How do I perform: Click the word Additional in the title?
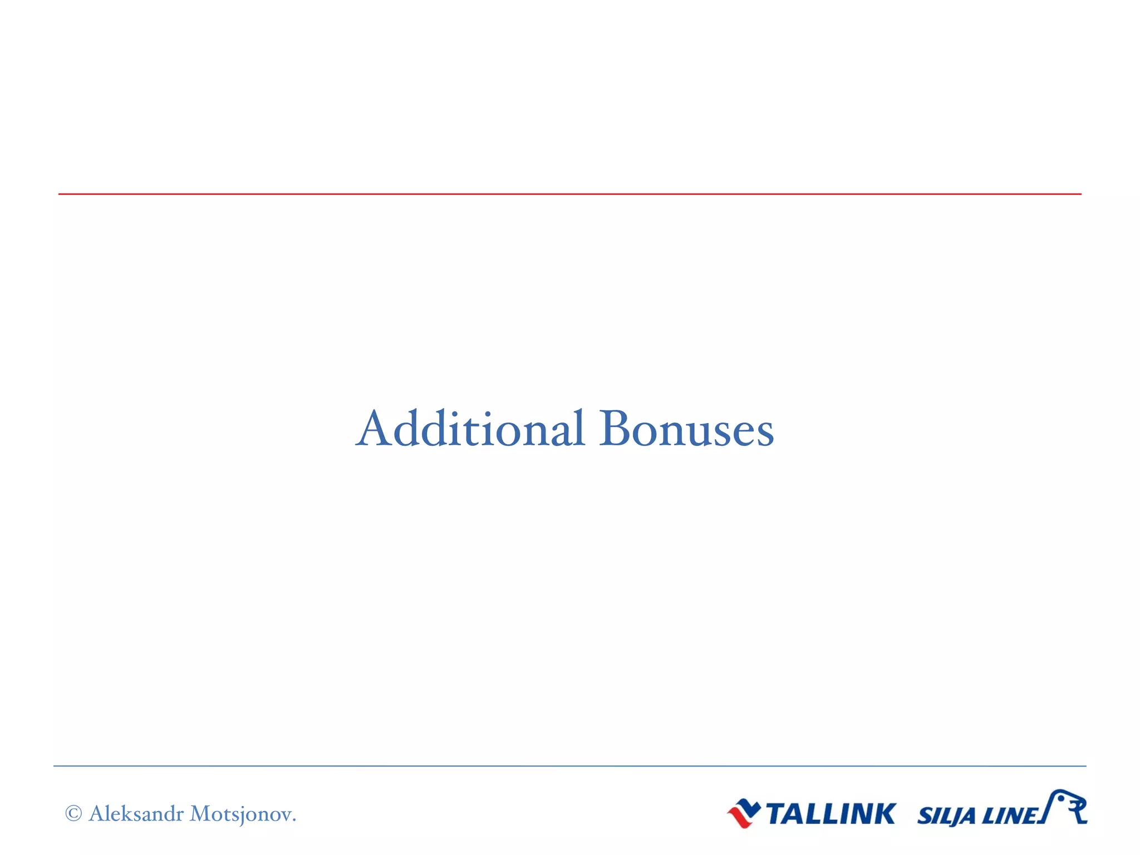pos(470,429)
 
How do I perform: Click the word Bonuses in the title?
pos(686,429)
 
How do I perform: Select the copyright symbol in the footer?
pos(73,814)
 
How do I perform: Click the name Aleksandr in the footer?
pos(136,814)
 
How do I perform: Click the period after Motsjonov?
pos(294,820)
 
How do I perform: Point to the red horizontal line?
pos(570,194)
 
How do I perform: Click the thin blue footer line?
pos(570,766)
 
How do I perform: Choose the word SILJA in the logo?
pos(946,816)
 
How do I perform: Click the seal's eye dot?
pos(1061,798)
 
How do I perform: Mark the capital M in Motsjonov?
pos(200,814)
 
